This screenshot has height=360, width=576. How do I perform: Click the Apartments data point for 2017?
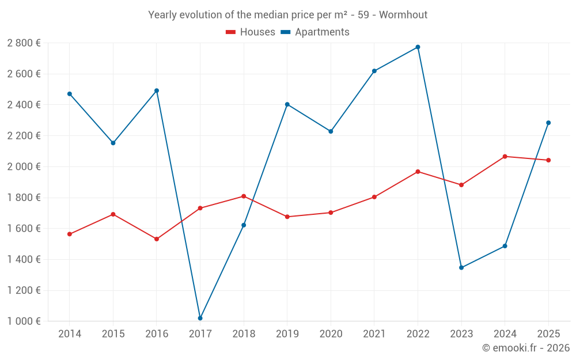pos(200,318)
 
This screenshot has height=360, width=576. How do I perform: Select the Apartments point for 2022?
pos(418,47)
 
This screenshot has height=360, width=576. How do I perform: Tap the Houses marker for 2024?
pos(505,157)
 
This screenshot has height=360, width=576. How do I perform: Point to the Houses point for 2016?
pos(157,239)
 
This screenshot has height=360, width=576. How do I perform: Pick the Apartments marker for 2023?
pos(461,268)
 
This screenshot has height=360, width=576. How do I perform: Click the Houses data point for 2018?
pos(244,196)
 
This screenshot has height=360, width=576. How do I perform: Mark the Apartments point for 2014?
pos(70,94)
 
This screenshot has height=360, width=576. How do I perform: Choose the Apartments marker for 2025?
pos(548,123)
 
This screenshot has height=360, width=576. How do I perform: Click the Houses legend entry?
pos(251,32)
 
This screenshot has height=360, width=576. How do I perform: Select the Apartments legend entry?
pos(315,32)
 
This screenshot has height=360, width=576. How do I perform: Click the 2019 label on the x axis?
pos(287,334)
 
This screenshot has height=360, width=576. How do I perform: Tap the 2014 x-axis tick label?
pos(70,334)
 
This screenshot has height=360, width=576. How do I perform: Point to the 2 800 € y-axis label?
pos(24,43)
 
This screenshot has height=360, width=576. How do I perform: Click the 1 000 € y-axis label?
pos(24,321)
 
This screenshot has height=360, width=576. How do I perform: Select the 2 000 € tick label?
pos(24,166)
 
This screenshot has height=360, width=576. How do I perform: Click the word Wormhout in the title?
pos(403,15)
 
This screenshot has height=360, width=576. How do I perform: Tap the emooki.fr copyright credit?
pos(526,347)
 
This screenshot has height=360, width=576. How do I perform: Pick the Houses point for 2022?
pos(418,172)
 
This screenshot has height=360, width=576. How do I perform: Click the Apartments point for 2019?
pos(287,105)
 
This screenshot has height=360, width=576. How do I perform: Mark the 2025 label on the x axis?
pos(548,334)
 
